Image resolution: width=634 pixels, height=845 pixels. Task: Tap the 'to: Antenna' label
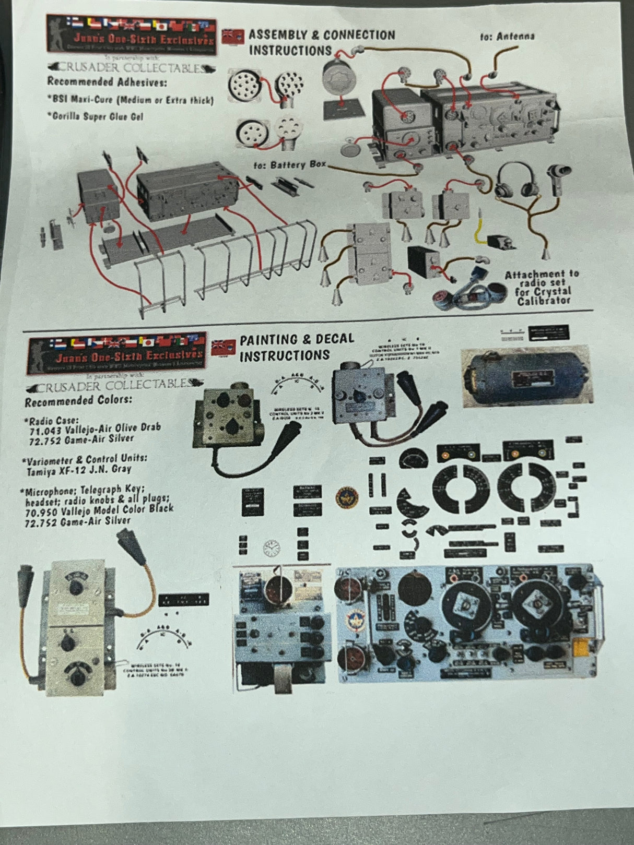tap(507, 36)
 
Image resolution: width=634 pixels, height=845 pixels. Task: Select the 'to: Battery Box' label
tap(290, 165)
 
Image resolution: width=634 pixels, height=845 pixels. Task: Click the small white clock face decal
tap(271, 548)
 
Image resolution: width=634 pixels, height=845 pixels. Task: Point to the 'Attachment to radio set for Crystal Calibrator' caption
tap(542, 288)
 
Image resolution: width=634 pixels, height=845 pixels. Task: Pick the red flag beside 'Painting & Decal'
tap(224, 347)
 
